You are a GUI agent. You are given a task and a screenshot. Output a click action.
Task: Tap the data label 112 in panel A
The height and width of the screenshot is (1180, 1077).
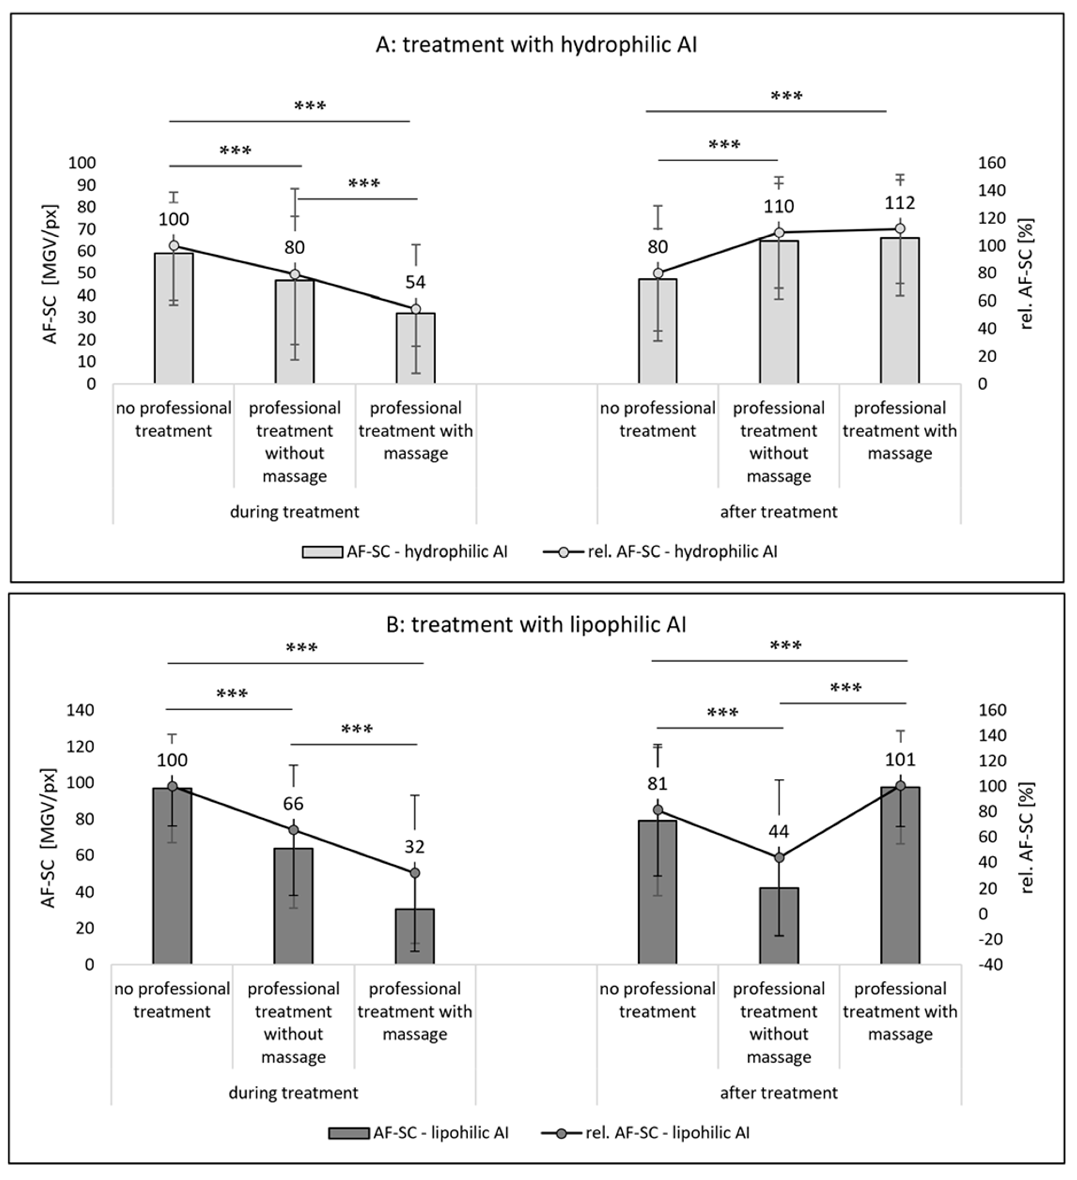coord(900,202)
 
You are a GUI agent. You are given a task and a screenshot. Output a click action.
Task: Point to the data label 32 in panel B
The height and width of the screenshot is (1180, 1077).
coord(414,847)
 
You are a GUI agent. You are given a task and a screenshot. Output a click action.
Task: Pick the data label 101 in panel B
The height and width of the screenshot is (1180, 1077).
coord(900,760)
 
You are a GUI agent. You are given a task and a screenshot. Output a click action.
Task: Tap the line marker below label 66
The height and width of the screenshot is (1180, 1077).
coord(294,830)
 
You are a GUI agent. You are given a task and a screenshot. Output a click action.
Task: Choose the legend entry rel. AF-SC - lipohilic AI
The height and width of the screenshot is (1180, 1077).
coord(667,1133)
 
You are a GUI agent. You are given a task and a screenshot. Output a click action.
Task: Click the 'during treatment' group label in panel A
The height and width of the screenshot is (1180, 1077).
coord(294,512)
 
